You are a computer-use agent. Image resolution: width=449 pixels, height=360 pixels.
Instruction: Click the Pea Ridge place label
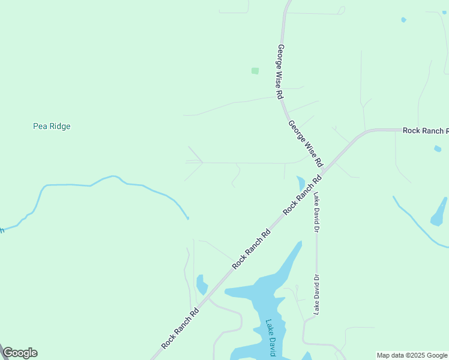pos(52,127)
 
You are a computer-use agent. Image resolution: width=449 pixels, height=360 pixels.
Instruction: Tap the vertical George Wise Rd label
pos(280,71)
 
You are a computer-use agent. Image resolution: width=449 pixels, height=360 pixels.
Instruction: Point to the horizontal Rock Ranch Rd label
pos(425,130)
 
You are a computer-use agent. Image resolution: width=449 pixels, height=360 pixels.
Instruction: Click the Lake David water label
pos(271,338)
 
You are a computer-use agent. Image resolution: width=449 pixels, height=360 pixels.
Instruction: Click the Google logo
pos(20,353)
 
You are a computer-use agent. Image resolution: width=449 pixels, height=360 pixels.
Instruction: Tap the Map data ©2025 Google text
pos(412,355)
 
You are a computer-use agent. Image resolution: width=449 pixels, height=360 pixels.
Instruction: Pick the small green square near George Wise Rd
pos(255,71)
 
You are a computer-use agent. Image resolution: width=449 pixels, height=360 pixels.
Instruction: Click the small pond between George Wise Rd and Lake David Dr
pos(301,183)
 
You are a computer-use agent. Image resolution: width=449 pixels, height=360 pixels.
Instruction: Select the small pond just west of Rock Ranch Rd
pos(201,284)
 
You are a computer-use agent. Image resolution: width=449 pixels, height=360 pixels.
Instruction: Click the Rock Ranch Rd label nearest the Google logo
pos(180,328)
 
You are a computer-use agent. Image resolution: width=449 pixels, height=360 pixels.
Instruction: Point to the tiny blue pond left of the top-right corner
pos(403,20)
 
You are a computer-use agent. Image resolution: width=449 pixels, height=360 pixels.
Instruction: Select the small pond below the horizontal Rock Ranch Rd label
pos(438,148)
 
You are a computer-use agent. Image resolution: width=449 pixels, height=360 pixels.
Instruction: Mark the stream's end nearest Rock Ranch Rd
pos(187,217)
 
